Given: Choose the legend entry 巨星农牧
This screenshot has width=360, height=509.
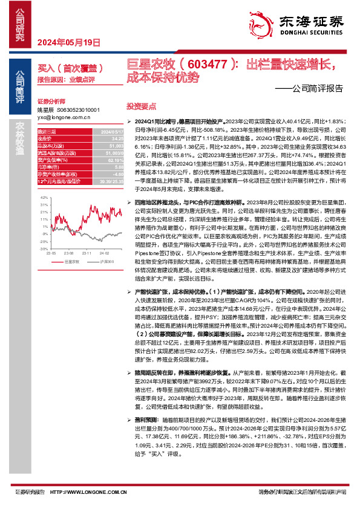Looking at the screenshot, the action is pyautogui.click(x=73, y=261).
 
